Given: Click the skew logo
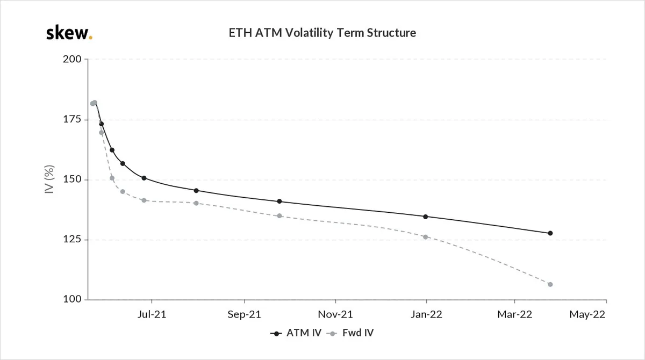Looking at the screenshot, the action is [69, 33].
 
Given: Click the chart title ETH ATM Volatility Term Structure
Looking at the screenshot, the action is [322, 33].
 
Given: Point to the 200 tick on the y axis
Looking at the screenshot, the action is [72, 59].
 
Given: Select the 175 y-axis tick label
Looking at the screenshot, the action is [72, 119].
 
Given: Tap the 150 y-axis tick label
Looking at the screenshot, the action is [72, 179].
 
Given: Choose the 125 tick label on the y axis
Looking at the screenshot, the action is [72, 239].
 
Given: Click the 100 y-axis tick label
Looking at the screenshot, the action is [72, 299].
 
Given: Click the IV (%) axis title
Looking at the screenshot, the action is [49, 179].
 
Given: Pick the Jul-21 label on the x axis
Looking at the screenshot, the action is [152, 314].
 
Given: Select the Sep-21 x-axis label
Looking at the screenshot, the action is [244, 314].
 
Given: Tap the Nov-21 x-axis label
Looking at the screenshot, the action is [335, 314].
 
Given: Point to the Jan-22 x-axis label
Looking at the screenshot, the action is [426, 314].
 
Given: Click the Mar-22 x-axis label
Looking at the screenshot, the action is [514, 314].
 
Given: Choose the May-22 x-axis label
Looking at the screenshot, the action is [587, 314].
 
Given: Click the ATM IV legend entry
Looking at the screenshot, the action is [296, 333].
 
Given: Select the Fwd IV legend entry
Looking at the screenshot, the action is [350, 333].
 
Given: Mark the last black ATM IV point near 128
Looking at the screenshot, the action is [550, 233].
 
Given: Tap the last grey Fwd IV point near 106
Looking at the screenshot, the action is [550, 284].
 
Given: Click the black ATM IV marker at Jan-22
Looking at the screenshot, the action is [426, 217].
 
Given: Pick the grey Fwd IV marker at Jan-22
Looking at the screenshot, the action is [426, 237].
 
